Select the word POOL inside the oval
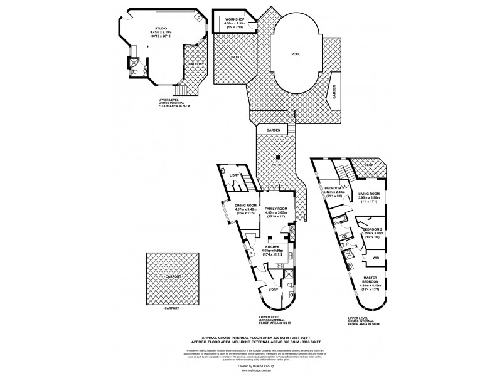(296, 54)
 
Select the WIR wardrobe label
(375, 257)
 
